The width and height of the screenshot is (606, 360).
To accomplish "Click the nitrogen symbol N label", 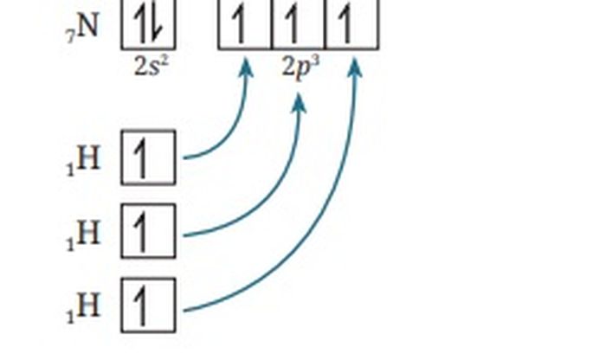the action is tap(87, 26).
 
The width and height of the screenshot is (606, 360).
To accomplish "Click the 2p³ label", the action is tap(301, 67).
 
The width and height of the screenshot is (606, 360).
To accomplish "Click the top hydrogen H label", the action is tap(89, 158).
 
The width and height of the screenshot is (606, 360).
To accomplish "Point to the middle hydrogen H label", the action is tap(89, 232).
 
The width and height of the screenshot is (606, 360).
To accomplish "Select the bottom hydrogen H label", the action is tap(89, 305).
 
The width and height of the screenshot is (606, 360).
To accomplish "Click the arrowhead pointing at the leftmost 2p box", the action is tap(245, 67).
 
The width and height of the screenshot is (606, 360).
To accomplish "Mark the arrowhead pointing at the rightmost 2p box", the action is tap(354, 67).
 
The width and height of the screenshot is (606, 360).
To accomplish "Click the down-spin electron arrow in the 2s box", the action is tap(158, 24).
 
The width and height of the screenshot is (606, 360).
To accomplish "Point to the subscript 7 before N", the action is tap(70, 37).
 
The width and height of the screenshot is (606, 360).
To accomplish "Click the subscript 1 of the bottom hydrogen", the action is tap(70, 317).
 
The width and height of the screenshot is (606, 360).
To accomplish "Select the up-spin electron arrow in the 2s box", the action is tap(140, 24).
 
